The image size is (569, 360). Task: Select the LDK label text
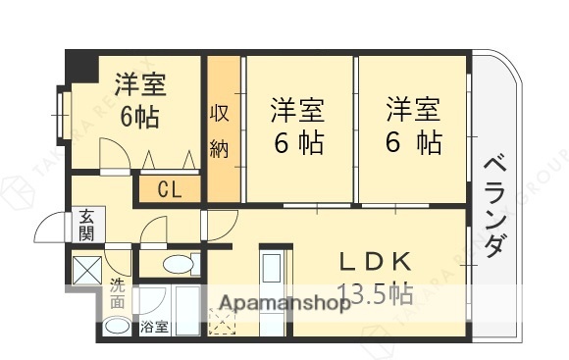click(x=373, y=263)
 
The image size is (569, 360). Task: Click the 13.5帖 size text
click(x=374, y=292)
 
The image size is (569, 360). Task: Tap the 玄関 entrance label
click(x=86, y=226)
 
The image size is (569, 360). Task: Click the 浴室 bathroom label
click(x=153, y=326)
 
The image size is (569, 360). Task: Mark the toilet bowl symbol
click(x=178, y=264)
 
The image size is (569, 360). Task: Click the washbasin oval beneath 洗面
click(x=117, y=326)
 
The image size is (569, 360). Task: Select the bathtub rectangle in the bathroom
click(x=186, y=312)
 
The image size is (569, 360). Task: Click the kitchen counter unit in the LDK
click(x=271, y=280)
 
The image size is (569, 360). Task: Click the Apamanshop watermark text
click(x=284, y=303)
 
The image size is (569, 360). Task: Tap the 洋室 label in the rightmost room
click(x=412, y=107)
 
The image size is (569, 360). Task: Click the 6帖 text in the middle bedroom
click(x=298, y=143)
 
